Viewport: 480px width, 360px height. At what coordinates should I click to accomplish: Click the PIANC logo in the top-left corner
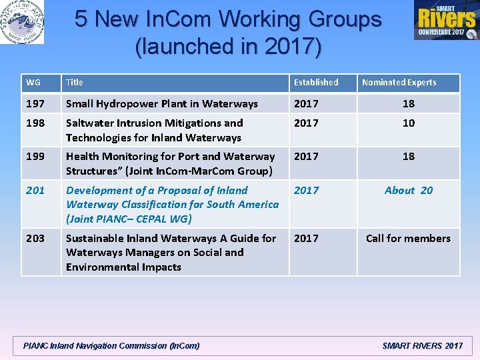[22, 22]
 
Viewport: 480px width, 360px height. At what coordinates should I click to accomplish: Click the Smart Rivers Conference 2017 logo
[446, 20]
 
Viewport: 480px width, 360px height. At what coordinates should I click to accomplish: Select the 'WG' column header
[33, 83]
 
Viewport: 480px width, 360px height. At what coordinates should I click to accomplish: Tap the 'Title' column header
[75, 83]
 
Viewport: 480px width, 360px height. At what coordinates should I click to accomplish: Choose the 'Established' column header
[316, 83]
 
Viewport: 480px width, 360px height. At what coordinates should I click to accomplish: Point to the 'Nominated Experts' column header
[399, 83]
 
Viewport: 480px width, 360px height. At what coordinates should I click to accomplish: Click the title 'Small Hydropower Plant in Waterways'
[162, 103]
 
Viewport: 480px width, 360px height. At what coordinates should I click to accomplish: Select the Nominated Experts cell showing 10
[408, 123]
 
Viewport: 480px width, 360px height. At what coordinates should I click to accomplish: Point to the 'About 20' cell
[408, 191]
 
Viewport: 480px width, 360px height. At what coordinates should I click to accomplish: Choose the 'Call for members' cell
[408, 239]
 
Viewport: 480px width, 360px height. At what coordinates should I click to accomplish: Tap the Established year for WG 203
[307, 239]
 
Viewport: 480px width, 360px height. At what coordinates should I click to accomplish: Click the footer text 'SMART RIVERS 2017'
[422, 346]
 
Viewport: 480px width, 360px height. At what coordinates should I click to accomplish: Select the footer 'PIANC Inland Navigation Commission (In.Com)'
[111, 346]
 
